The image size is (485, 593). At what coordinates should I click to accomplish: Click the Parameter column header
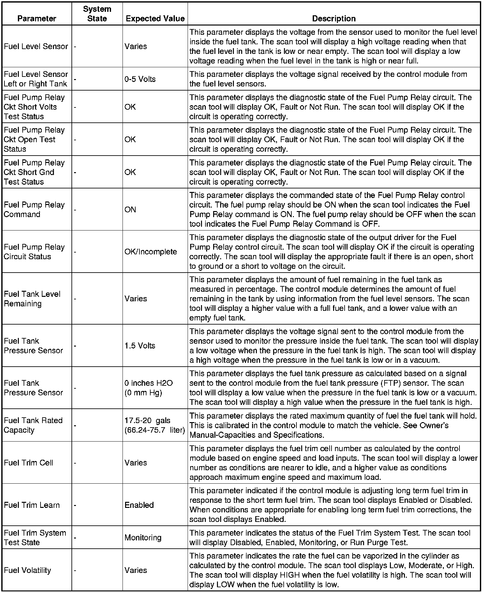click(37, 18)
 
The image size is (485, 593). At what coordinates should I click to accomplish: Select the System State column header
click(97, 14)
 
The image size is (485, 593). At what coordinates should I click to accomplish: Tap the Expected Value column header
click(155, 18)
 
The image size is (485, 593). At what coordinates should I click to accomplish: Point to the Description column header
click(334, 18)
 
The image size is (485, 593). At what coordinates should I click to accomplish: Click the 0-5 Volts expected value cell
click(140, 79)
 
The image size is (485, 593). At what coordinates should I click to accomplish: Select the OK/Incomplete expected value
click(151, 252)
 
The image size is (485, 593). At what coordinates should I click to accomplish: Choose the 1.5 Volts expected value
click(140, 346)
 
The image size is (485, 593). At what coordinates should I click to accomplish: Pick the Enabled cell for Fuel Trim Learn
click(139, 505)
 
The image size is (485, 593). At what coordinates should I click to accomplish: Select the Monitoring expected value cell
click(143, 538)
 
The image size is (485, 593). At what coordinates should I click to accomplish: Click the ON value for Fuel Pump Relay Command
click(130, 209)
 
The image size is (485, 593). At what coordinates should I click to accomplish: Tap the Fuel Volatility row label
click(27, 570)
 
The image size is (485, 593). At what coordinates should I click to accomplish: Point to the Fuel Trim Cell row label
click(28, 463)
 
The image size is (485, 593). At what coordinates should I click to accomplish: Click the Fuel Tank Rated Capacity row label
click(33, 425)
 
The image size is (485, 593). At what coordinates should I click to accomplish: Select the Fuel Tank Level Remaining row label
click(32, 299)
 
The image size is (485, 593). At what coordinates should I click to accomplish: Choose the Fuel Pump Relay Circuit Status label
click(34, 252)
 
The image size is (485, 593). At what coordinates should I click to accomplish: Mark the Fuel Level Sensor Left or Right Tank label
click(36, 79)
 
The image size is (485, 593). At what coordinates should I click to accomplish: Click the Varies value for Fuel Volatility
click(136, 570)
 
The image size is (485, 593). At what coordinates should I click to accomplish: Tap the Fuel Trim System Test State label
click(35, 538)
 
